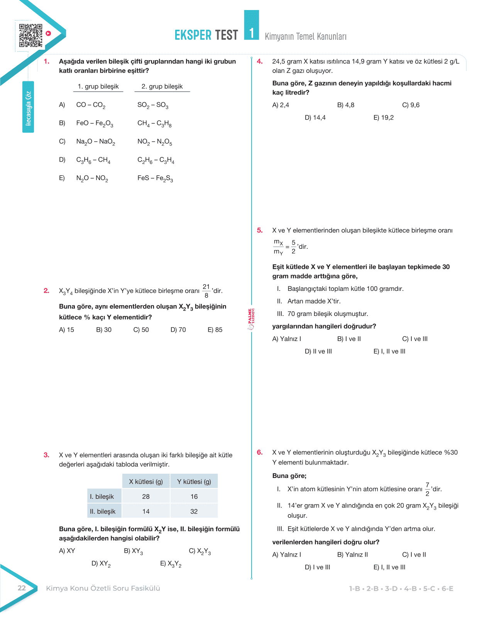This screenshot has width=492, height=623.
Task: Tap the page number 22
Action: coord(22,588)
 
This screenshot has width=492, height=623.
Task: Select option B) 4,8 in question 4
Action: coord(346,105)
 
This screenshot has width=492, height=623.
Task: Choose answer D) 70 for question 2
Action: coord(178,330)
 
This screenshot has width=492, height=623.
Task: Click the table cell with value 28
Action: coord(146,496)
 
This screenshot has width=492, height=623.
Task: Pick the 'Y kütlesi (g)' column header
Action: coord(194,481)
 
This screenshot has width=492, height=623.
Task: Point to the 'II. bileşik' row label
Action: coord(103,511)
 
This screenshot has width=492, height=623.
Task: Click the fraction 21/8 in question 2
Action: coord(206,291)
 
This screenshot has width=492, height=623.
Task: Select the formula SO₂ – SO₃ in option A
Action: coord(153,105)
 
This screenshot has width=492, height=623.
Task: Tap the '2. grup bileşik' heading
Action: coord(162,86)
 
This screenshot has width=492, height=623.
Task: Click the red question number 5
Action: coord(260,230)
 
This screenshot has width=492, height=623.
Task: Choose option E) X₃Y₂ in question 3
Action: coord(171,564)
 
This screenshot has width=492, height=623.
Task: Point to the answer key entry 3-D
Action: coord(391,589)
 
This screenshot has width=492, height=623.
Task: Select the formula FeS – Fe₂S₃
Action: coord(155,178)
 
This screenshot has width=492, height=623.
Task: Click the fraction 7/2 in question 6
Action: coord(427,489)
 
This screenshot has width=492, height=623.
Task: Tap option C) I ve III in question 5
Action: coord(415,339)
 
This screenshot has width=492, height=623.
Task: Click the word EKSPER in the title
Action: coord(193,35)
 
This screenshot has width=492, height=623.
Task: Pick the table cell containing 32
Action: coord(194,511)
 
